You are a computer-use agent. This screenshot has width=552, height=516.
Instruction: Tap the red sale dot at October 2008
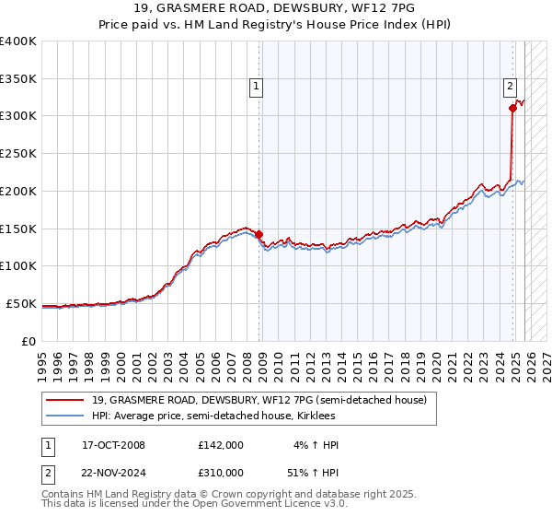coord(259,234)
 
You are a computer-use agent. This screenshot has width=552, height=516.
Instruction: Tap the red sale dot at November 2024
coord(512,108)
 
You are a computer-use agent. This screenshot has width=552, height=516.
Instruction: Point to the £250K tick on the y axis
coord(18,153)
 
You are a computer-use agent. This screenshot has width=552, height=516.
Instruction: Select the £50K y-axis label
coord(21,303)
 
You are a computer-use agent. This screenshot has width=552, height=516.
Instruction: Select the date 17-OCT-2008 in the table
coord(113,445)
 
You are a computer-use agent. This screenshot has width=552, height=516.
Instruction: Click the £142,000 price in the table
coord(221,445)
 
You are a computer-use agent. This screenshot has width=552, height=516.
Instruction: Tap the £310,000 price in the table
coord(221,472)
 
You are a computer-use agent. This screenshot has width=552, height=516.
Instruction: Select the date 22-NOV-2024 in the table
coord(113,472)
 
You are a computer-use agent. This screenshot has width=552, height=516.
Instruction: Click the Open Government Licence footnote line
coord(194,504)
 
